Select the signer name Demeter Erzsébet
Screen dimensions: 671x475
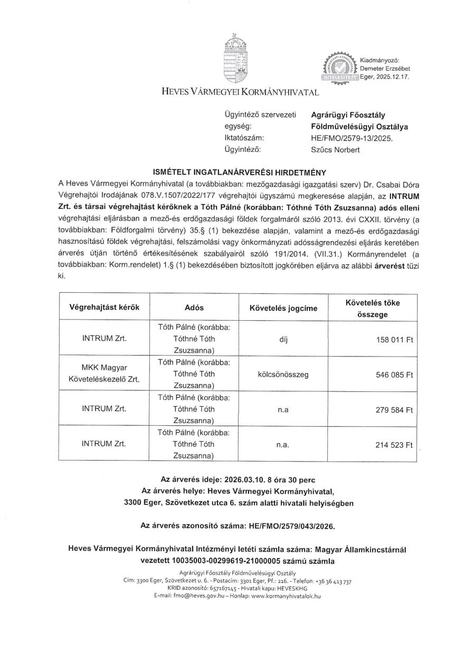pos(385,69)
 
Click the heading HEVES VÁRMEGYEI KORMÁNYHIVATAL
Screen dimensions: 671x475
pos(241,92)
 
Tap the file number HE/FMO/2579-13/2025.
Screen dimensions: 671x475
pos(352,138)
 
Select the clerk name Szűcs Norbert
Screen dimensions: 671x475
pos(336,150)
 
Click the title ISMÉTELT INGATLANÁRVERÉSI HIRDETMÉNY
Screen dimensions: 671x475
pos(240,172)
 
